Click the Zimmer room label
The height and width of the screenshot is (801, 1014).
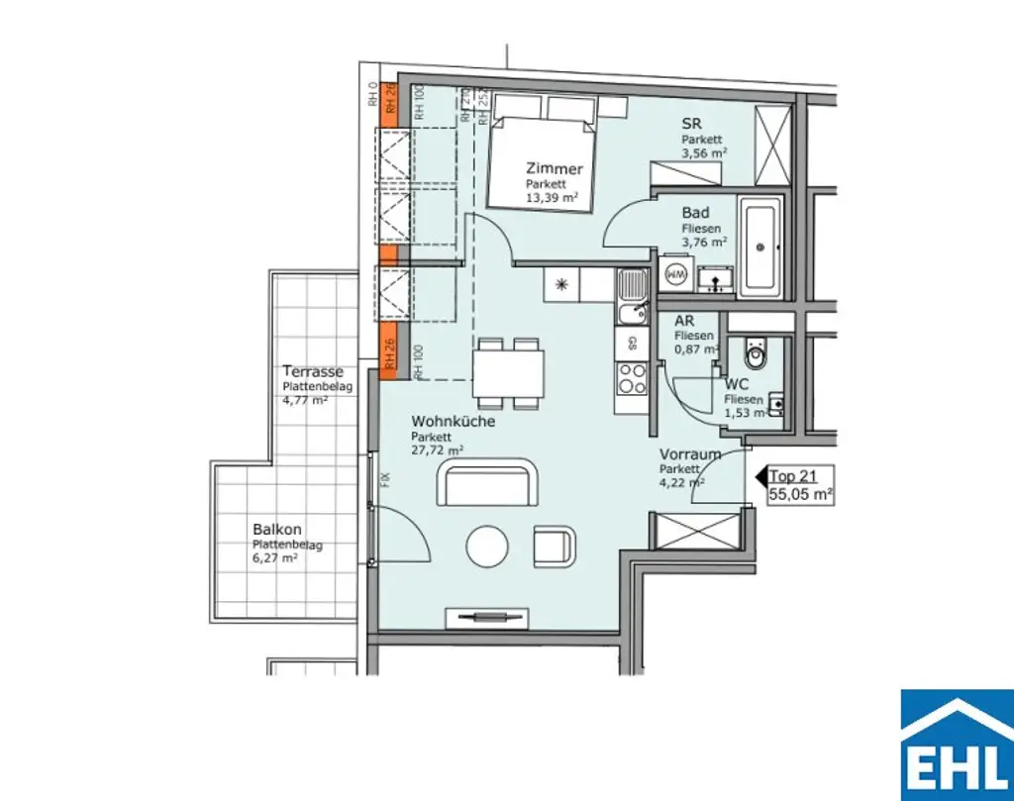[x=554, y=169]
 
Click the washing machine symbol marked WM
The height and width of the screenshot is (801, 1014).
[x=677, y=272]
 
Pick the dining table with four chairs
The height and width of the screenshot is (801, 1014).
[x=508, y=374]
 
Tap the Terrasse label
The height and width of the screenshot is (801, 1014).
[x=313, y=371]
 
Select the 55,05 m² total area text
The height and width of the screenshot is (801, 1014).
[x=800, y=492]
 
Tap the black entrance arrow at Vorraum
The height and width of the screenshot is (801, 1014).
[x=760, y=477]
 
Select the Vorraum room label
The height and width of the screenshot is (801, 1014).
[x=689, y=455]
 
